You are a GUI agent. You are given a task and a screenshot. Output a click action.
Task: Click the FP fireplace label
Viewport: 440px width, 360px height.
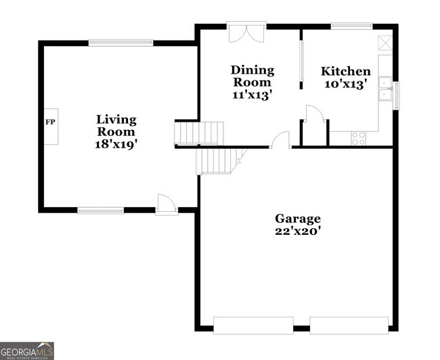click(49, 122)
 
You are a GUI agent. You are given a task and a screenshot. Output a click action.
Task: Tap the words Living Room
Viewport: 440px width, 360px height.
click(116, 126)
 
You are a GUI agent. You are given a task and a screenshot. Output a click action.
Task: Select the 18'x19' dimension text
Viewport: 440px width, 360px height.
click(116, 144)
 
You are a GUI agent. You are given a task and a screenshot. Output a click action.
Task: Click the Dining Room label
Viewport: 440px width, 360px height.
click(252, 76)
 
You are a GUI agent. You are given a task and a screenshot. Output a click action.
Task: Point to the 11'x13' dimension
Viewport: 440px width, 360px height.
click(252, 95)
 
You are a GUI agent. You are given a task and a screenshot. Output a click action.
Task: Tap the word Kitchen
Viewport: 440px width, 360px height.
click(346, 72)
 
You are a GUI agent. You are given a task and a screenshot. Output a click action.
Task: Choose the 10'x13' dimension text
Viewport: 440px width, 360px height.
click(346, 85)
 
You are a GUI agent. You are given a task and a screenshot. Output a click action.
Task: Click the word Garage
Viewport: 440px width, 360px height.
click(297, 219)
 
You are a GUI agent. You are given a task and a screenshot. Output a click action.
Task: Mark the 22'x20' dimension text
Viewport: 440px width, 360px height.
click(297, 231)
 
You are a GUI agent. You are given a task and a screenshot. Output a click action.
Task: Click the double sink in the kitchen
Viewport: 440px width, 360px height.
click(385, 90)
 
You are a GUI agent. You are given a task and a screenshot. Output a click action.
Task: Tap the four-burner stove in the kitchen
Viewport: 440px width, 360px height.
click(358, 138)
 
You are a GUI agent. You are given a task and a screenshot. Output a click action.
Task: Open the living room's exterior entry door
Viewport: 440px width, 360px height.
click(166, 204)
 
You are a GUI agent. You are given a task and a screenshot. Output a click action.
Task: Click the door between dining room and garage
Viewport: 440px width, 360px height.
click(280, 141)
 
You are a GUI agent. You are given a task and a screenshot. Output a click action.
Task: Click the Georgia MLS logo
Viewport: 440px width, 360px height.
click(27, 350)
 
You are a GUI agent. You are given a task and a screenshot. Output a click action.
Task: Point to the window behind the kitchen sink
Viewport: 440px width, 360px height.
click(397, 94)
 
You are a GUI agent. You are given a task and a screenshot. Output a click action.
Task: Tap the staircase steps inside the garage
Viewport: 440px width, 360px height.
click(217, 161)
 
